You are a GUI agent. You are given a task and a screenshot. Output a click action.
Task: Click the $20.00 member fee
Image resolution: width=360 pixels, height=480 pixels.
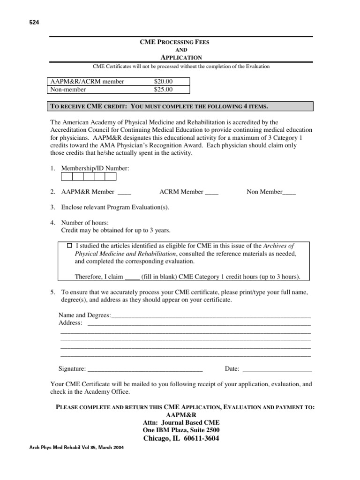pos(163,82)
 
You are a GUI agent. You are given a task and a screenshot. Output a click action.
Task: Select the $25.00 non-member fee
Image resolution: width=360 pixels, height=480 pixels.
pos(163,89)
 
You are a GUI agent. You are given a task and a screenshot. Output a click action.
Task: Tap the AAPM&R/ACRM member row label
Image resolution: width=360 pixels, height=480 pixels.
pos(88,82)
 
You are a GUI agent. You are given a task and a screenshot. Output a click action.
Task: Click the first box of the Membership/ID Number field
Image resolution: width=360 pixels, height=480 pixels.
pos(67,176)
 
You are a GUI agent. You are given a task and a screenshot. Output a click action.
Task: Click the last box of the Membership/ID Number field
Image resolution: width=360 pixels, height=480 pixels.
pos(110,176)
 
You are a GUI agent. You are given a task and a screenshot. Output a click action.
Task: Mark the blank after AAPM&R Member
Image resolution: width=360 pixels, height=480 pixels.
pos(124,192)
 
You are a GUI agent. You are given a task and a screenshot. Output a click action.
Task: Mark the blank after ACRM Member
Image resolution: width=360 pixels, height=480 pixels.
pos(212,192)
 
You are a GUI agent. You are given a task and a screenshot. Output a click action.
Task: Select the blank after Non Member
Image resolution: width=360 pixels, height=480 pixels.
pos(289,192)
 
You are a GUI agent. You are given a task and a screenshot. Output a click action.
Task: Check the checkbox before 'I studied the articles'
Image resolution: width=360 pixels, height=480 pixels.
pos(70,245)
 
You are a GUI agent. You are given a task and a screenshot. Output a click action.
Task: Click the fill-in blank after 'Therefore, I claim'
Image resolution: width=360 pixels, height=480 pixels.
pos(133,277)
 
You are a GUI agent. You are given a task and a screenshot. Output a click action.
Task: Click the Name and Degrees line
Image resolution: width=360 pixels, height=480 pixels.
pos(211,315)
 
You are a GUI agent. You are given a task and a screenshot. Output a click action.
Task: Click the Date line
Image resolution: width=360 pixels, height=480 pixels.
pos(277,369)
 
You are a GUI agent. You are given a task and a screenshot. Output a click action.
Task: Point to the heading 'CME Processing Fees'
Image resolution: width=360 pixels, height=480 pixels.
pos(175,42)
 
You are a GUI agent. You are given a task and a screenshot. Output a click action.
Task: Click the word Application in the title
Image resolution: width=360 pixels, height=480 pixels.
pos(181,57)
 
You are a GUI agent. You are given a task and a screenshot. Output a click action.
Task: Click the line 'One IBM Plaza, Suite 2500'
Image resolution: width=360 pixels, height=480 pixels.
pos(181,430)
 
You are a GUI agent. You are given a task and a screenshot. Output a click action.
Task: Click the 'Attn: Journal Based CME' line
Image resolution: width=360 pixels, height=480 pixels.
pos(181,422)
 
